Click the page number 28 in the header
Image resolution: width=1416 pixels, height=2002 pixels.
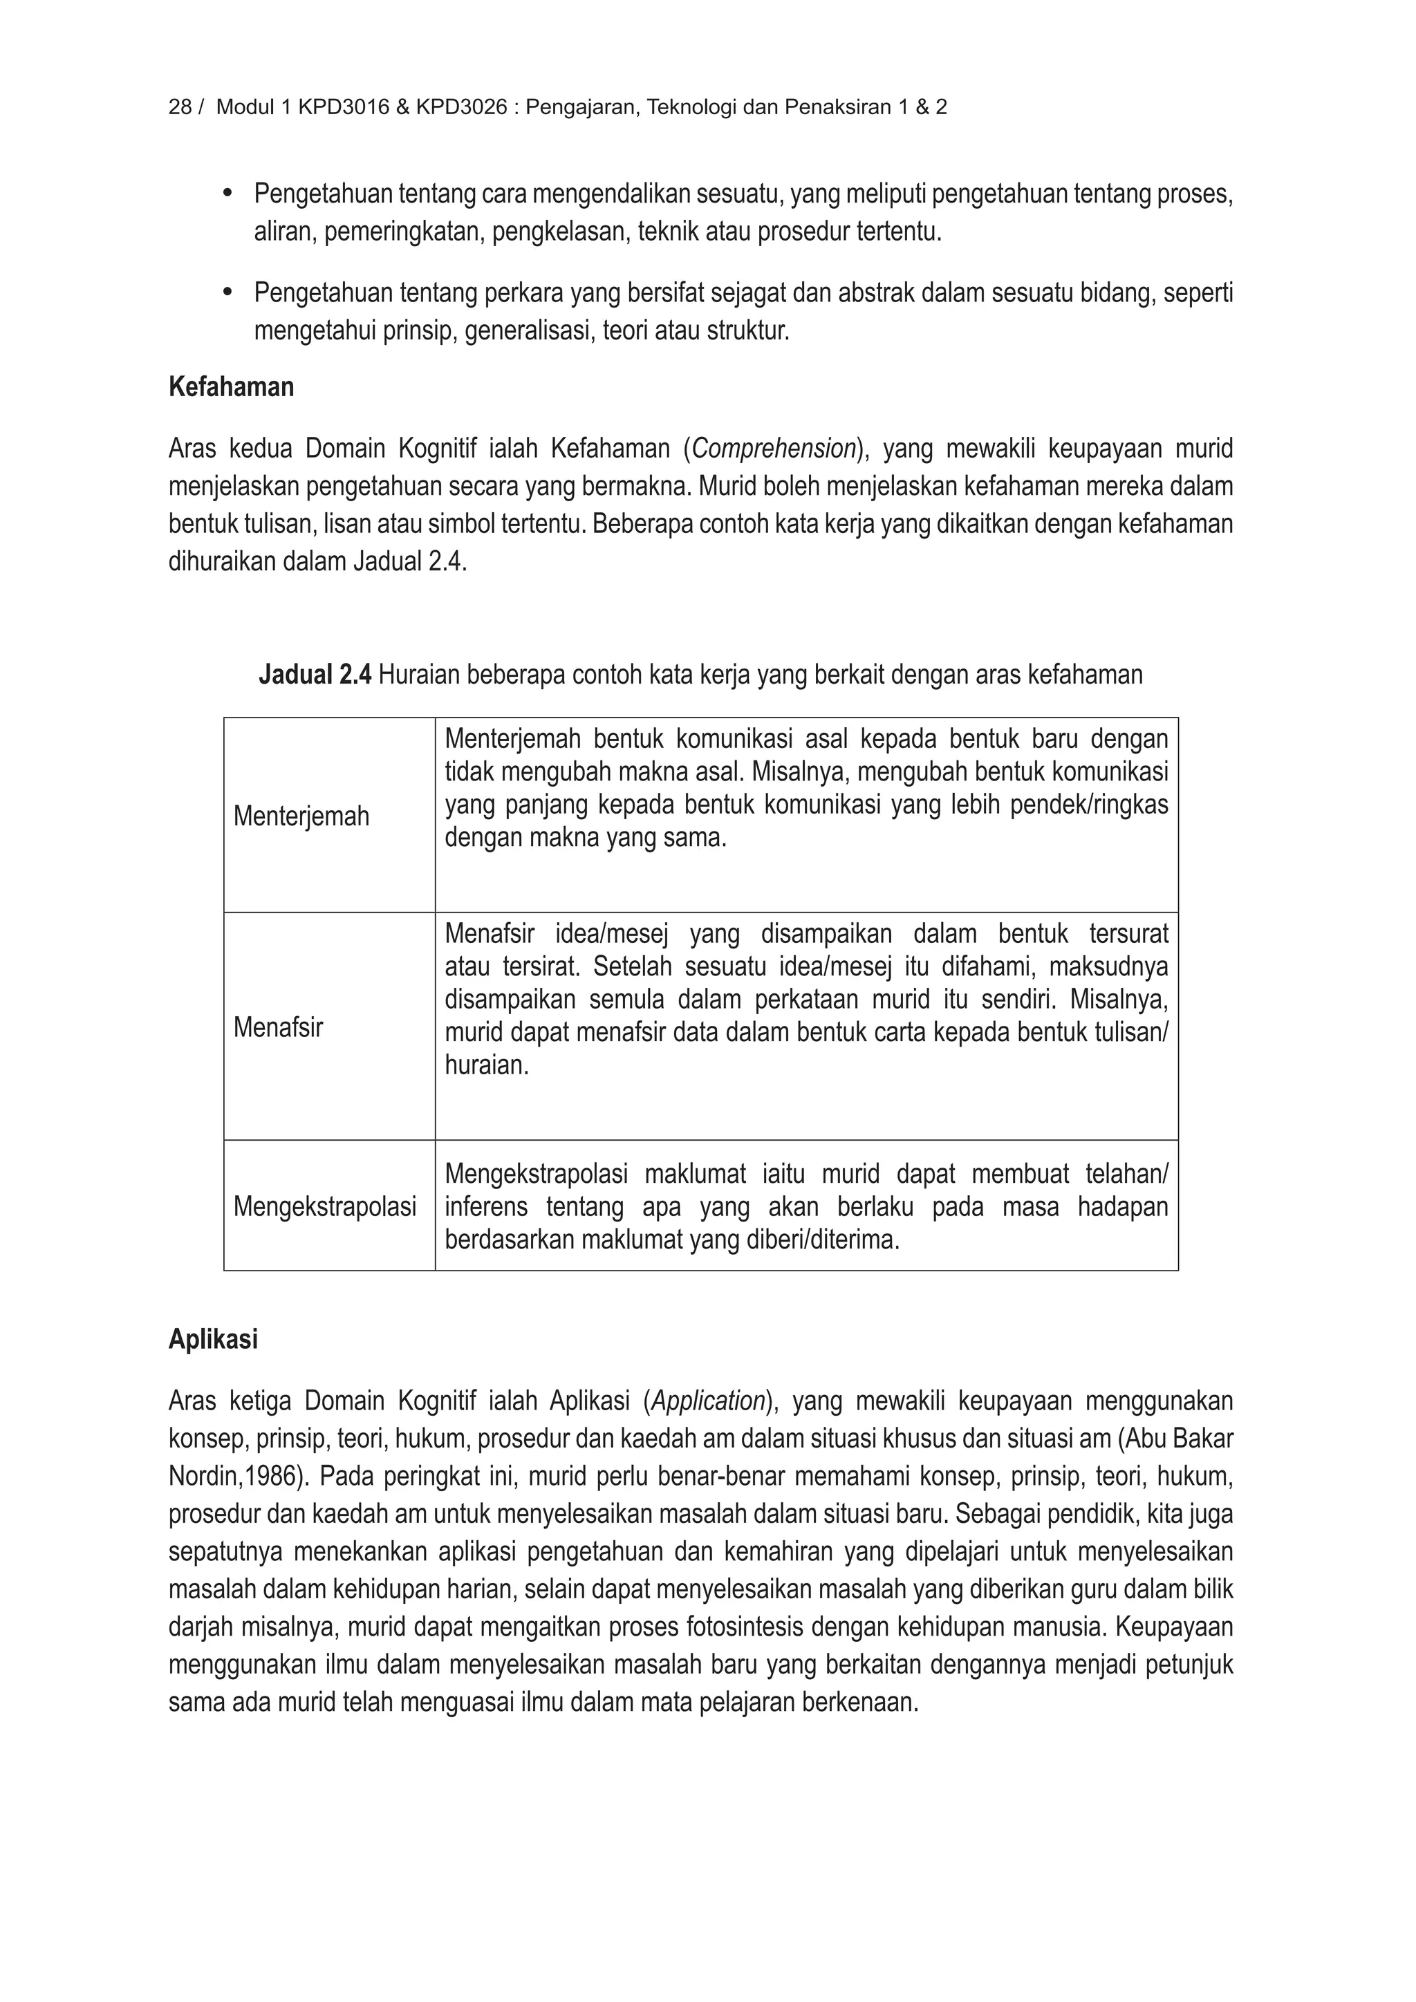(x=180, y=107)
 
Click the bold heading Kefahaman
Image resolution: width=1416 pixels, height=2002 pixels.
(x=231, y=387)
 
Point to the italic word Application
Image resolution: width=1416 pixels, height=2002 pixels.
(x=709, y=1401)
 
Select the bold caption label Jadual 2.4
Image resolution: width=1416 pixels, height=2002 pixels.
(x=315, y=675)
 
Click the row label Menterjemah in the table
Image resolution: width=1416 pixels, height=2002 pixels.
(x=301, y=816)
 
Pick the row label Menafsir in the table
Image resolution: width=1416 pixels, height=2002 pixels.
(x=278, y=1027)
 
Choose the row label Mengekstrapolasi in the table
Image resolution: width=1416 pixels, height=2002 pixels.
(x=324, y=1207)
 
